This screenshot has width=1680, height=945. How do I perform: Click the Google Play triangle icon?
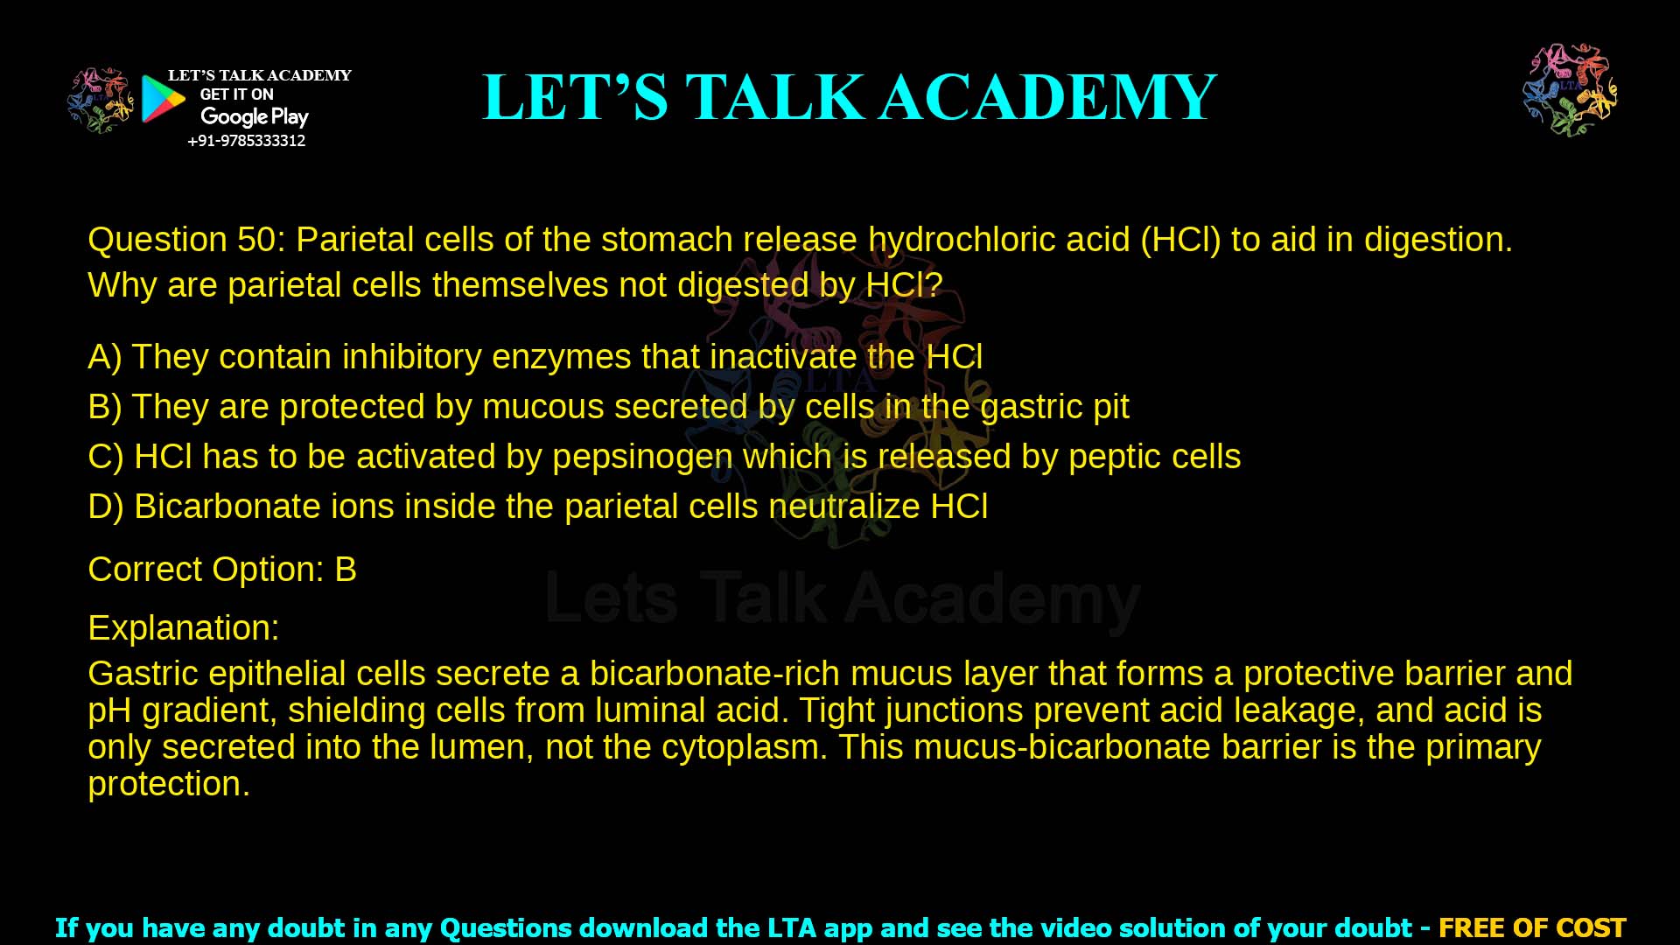(163, 98)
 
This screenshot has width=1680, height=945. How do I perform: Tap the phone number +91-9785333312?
(246, 141)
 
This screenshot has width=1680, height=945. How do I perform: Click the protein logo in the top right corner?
(1570, 89)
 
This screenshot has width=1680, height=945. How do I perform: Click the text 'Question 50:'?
(186, 240)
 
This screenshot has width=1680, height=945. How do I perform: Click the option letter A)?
(104, 357)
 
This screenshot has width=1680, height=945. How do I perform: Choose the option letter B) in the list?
(104, 407)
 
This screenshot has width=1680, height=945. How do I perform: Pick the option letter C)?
(105, 457)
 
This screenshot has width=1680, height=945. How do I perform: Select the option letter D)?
(105, 507)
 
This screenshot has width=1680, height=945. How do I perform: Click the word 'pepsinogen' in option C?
(642, 458)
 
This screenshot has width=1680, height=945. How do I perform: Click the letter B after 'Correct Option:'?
(346, 570)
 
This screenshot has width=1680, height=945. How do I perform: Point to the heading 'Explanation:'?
(184, 628)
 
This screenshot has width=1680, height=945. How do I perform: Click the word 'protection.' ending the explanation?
(169, 784)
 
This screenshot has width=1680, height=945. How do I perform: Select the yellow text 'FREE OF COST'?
(1531, 927)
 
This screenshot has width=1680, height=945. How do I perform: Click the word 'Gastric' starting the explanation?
(143, 674)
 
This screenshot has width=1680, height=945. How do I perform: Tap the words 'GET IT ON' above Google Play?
(236, 94)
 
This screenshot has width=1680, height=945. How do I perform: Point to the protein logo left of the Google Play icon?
(100, 101)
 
